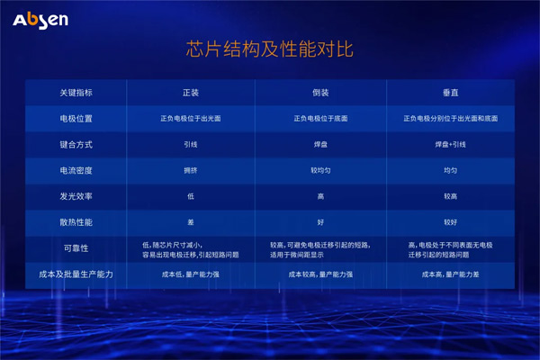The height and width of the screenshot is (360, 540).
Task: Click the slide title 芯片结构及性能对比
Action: coord(269,52)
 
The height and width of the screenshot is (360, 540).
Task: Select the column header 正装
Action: coord(190,93)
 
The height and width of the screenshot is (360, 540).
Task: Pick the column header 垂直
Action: coord(449,93)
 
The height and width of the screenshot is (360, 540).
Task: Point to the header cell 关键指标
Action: coord(76,93)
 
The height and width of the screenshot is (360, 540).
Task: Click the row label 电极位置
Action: coord(76,118)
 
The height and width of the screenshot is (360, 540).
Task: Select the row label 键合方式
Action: coord(76,144)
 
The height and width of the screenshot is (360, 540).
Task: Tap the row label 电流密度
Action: coord(76,169)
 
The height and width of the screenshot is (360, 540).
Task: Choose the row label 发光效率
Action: coord(76,194)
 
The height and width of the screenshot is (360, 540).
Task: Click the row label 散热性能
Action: coord(76,220)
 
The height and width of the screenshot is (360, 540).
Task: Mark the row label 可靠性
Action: coord(76,248)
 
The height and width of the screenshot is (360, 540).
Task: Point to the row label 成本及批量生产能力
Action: coord(76,274)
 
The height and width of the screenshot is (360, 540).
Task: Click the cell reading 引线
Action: coord(190,144)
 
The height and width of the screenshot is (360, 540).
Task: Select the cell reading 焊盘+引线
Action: coord(449,144)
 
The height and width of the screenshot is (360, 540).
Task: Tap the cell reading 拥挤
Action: coord(190,169)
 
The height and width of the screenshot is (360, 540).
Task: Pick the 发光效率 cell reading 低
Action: coord(190,194)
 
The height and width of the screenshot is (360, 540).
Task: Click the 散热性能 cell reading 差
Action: coord(190,220)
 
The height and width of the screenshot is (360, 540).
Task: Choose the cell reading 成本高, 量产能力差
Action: coord(449,274)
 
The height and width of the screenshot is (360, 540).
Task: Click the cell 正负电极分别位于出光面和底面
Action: coord(449,118)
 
